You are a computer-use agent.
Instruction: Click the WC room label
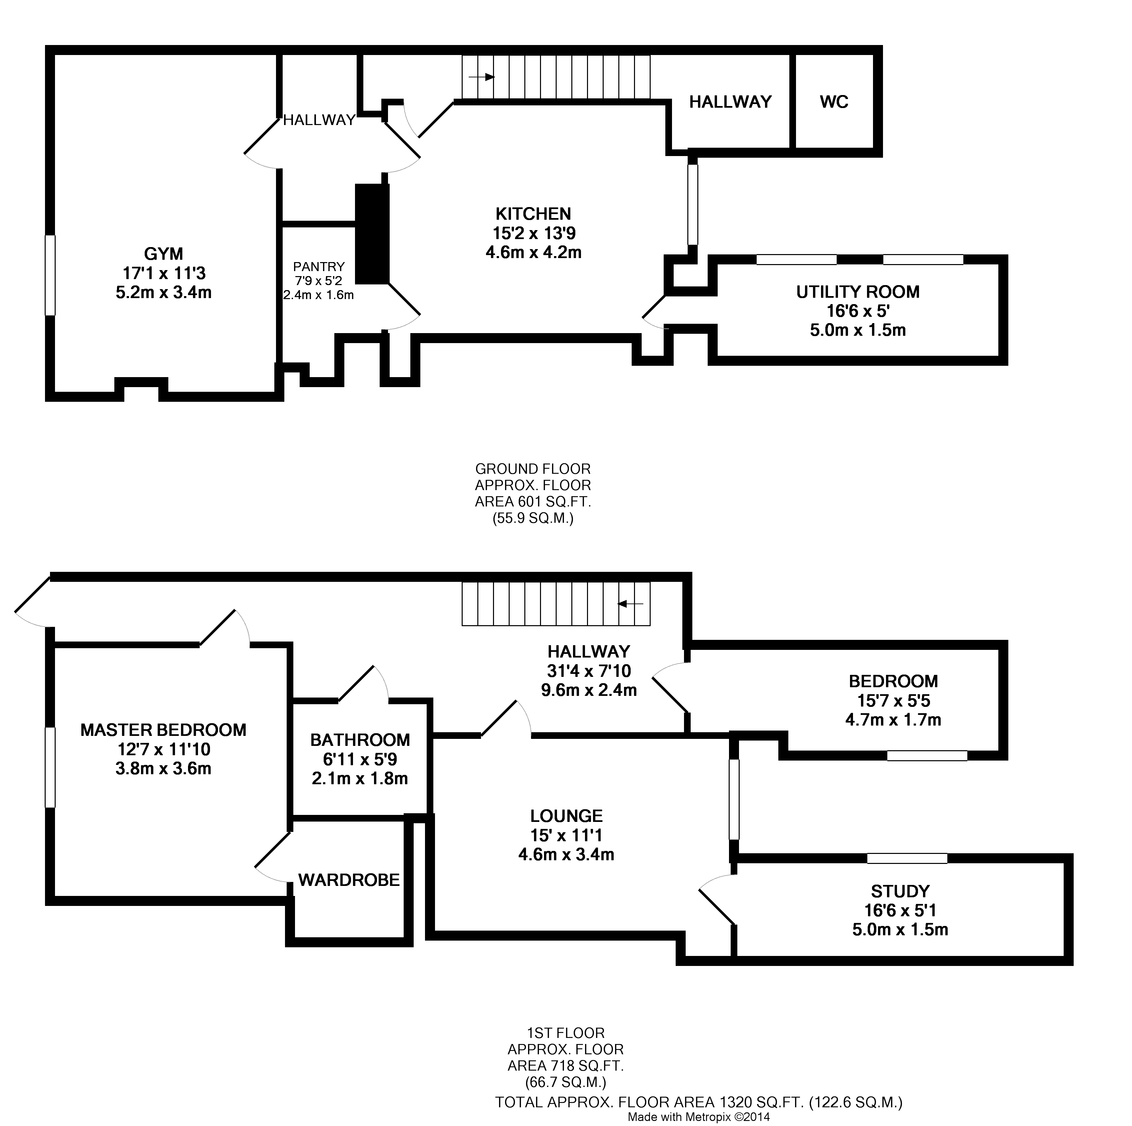coord(833,102)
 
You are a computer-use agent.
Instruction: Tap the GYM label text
coord(163,254)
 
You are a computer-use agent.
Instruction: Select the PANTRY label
coord(319,267)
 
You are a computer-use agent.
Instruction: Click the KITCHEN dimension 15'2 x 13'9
coord(533,233)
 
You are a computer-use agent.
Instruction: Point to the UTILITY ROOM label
coord(857,292)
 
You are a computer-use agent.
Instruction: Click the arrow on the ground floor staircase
coord(482,77)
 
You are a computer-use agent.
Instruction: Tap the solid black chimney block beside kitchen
coord(372,234)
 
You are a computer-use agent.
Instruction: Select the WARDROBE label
coord(349,880)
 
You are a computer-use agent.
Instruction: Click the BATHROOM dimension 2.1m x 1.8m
coord(360,779)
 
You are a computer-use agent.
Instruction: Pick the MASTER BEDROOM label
coord(163,730)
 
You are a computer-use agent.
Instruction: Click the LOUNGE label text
coord(566,816)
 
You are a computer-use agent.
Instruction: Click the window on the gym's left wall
coord(50,275)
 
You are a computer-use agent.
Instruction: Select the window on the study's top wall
coord(906,859)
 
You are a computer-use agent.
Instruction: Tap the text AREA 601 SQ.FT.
coord(533,502)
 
